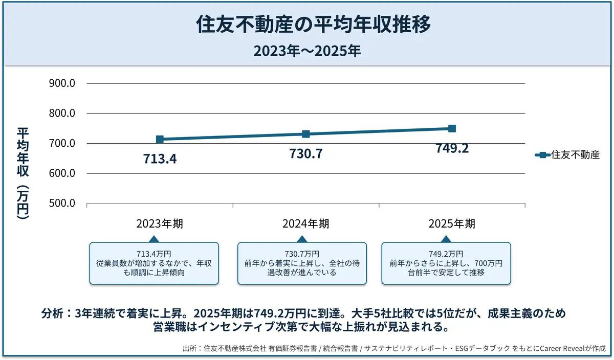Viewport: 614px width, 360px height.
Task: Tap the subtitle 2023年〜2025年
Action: pos(306,51)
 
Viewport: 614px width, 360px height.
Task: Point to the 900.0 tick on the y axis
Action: pos(62,83)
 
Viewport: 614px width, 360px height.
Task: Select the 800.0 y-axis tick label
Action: pos(62,114)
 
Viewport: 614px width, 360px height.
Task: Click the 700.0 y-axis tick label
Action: pos(62,143)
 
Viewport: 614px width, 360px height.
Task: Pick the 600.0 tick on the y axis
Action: pos(62,173)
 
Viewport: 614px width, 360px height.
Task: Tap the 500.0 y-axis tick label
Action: pos(62,204)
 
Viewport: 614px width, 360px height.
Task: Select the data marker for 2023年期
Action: pos(160,139)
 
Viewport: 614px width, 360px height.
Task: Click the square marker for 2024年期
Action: pos(306,134)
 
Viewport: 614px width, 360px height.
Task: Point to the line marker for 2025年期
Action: pos(452,128)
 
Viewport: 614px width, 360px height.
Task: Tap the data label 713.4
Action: pos(160,159)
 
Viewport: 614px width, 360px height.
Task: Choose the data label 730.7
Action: pos(306,153)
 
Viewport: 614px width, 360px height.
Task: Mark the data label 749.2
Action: pos(452,148)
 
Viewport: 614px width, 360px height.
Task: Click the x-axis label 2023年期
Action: pos(160,224)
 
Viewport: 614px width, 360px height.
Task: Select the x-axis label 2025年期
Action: pos(452,224)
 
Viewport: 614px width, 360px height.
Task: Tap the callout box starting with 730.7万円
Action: pos(302,263)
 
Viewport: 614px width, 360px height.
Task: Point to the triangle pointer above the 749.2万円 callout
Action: pos(446,239)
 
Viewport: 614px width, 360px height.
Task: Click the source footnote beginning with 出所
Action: pos(394,349)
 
